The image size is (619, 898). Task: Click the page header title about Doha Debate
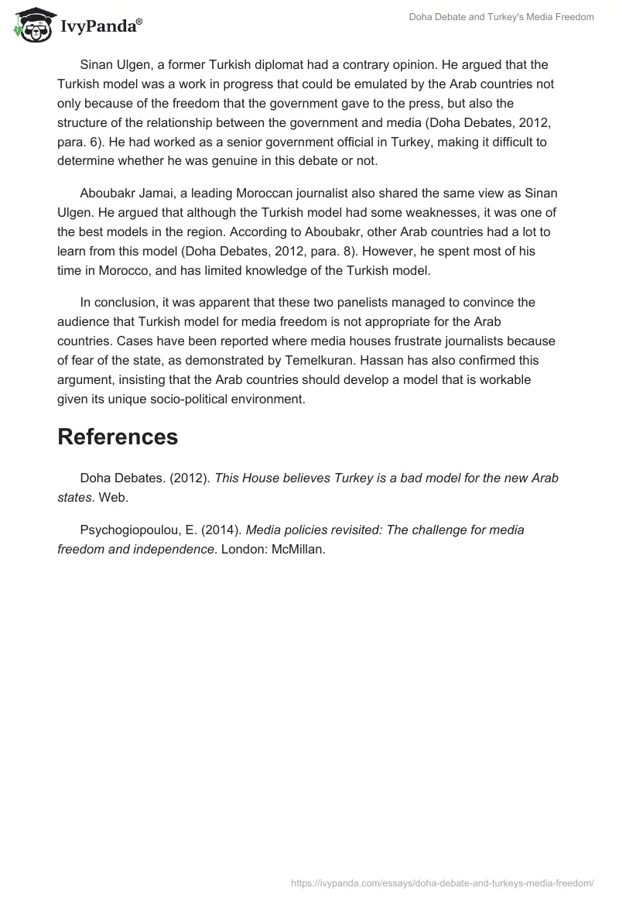click(x=501, y=17)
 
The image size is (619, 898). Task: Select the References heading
click(x=118, y=437)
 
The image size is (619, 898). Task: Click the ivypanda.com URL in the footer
click(x=443, y=883)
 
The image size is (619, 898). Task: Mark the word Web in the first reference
click(x=113, y=497)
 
